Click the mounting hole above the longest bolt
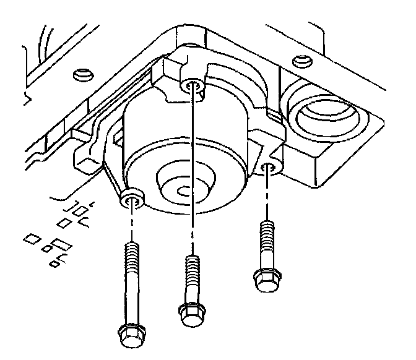click(132, 199)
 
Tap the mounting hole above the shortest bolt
click(268, 167)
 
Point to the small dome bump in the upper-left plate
click(79, 75)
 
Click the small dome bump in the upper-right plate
click(301, 59)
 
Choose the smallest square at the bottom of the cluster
click(54, 264)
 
